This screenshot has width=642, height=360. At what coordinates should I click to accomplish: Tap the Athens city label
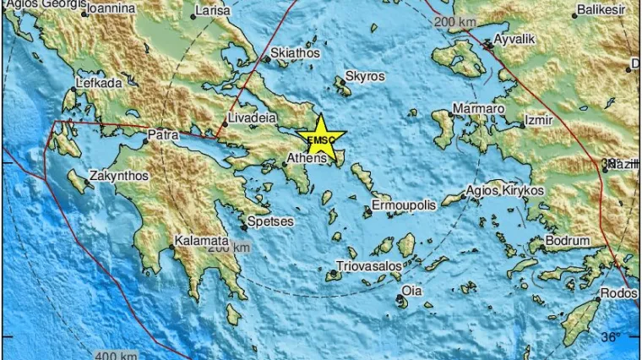306,158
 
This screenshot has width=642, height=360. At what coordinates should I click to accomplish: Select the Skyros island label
365,76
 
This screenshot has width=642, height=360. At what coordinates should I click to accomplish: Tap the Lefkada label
99,83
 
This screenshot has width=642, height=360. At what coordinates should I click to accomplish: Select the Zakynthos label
119,176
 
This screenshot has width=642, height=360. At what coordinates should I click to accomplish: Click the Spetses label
271,222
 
